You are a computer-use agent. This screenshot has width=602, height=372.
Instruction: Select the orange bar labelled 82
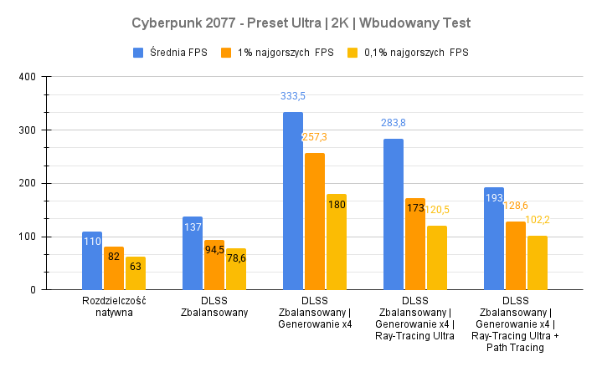coord(114,268)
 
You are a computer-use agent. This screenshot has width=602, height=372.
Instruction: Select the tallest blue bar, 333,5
coord(293,201)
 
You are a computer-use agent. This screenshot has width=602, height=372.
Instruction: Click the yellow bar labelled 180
coord(337,242)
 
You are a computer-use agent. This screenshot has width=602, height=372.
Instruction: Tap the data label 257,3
coord(315,137)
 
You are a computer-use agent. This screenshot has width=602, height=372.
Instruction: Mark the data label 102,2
coord(538,220)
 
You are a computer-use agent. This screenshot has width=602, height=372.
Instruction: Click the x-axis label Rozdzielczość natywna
coord(114,307)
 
